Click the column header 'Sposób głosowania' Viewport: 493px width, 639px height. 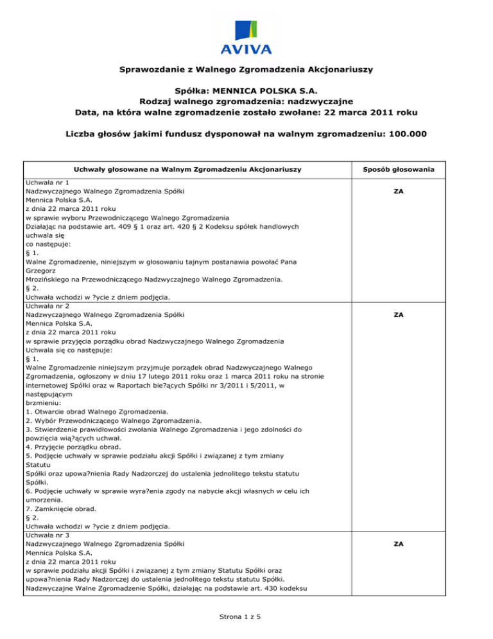tap(398, 169)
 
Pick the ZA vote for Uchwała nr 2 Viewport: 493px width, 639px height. tap(398, 315)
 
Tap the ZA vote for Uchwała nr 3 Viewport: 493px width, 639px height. tap(398, 544)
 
